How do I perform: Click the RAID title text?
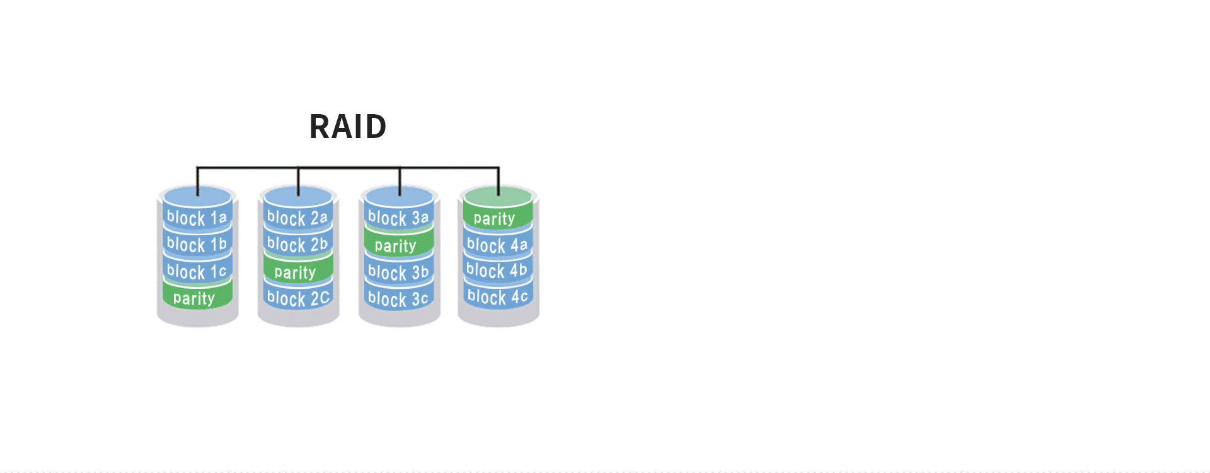point(348,127)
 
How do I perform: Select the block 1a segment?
point(197,218)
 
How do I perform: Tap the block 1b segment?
point(197,244)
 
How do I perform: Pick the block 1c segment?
point(197,271)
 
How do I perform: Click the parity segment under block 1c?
point(197,298)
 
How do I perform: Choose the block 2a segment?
point(298,218)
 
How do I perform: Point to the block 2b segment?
point(298,244)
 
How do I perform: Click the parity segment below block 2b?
point(298,272)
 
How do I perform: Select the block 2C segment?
point(298,298)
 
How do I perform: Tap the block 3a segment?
point(399,218)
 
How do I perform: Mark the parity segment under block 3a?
point(399,245)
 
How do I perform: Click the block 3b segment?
point(399,272)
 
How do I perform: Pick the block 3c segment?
point(399,298)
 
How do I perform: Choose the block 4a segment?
point(498,245)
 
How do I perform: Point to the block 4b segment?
point(498,270)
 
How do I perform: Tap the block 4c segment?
point(498,296)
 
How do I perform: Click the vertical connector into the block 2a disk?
point(298,182)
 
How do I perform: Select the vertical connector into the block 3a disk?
point(400,182)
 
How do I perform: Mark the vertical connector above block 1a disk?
point(197,182)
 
